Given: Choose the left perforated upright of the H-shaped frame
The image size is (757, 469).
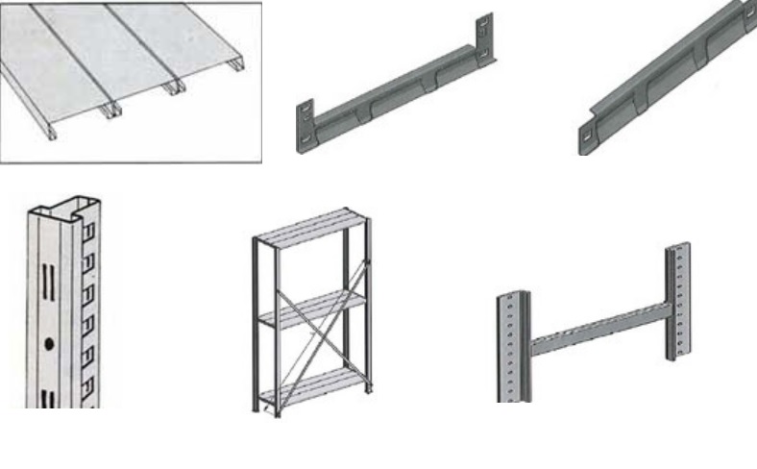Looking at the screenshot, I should (513, 346).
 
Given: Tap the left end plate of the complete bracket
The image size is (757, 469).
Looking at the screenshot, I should (305, 125).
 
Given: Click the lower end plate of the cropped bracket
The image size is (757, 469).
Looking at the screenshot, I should (588, 137).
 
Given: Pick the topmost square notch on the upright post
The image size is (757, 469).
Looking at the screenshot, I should (89, 232).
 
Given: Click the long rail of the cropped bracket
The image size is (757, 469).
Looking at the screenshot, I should (663, 73).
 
